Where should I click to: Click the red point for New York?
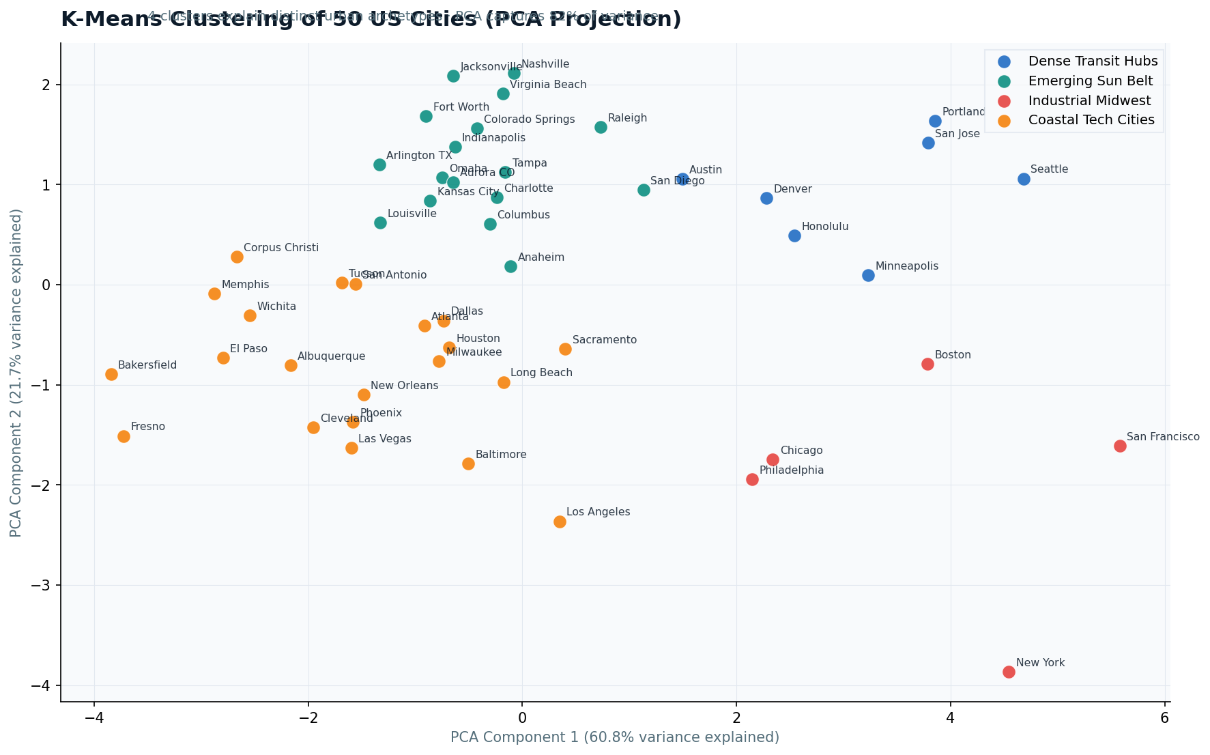(1009, 672)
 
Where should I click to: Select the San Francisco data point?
(1120, 446)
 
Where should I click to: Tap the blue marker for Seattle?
(1024, 179)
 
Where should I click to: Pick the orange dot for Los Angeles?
(560, 522)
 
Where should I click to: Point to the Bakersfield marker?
(111, 374)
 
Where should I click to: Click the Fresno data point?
(124, 436)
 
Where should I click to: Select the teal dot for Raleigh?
(601, 127)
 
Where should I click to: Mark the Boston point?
(927, 364)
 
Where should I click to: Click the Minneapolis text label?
(906, 266)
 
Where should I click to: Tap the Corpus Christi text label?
(280, 248)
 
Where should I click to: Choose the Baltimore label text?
(500, 455)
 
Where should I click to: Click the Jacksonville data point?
(453, 76)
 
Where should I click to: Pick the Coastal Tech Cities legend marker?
(1005, 120)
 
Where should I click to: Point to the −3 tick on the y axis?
(45, 585)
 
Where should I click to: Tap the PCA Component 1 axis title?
(614, 737)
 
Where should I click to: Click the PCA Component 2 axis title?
(16, 373)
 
